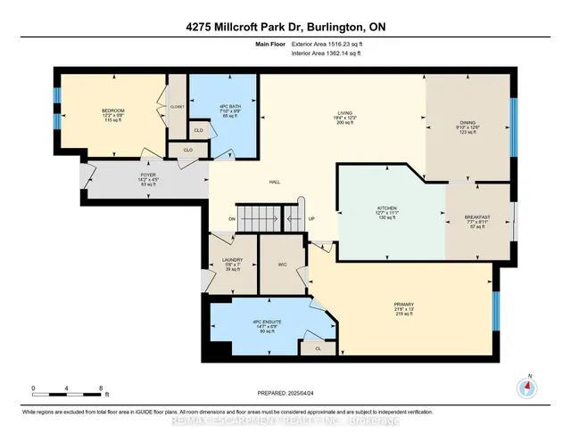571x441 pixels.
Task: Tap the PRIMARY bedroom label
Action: [x=404, y=304]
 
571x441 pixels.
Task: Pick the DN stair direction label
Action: [x=231, y=219]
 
